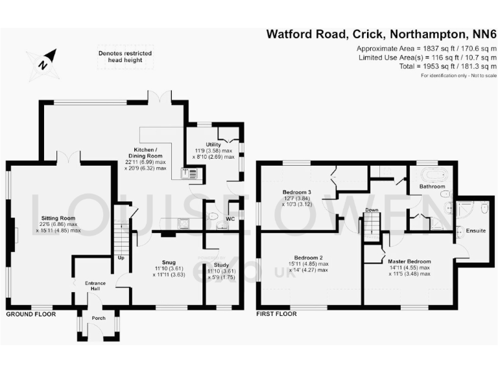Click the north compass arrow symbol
tap(43, 62)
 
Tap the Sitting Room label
tap(58, 219)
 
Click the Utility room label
tap(213, 144)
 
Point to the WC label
tap(230, 219)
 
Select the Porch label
tap(99, 318)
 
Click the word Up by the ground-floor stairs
tap(121, 257)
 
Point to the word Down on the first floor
tap(372, 210)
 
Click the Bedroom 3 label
tap(296, 192)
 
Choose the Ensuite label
tap(476, 231)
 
